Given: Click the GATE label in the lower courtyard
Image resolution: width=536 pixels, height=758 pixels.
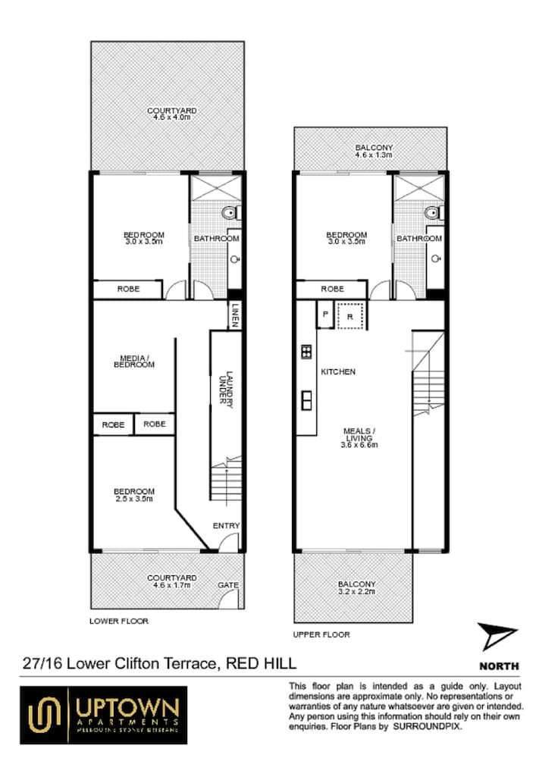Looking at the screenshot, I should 227,585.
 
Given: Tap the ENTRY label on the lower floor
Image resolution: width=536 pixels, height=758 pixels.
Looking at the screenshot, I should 226,525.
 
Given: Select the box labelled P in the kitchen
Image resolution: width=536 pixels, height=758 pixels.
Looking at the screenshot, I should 324,314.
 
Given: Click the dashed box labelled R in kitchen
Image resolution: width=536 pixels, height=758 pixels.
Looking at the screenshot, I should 351,315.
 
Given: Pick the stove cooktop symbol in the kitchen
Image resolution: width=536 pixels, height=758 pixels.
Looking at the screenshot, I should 306,350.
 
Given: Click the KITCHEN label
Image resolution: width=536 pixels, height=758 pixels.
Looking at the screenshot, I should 338,372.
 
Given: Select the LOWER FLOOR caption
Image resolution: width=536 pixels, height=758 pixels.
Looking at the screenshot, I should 119,621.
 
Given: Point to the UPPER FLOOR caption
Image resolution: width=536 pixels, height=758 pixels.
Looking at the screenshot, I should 321,633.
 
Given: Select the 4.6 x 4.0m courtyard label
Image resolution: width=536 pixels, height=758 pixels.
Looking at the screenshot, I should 167,115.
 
